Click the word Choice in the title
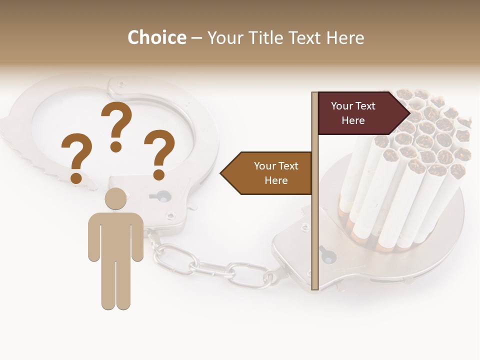coord(156,37)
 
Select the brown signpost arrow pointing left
coord(267,173)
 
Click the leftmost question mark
coord(76,157)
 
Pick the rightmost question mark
coord(159,154)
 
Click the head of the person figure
coord(115,198)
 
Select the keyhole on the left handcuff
coord(160,195)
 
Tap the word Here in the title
coord(345,37)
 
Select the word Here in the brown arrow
coord(276,180)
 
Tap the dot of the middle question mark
coord(116,147)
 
